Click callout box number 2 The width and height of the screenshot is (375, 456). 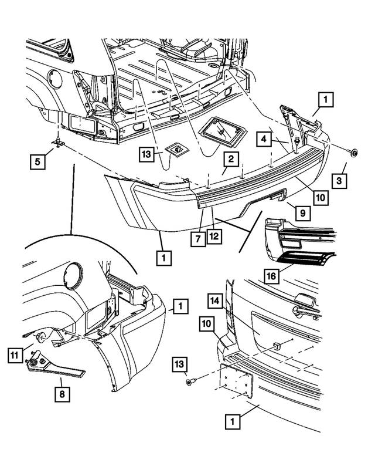[x=231, y=159]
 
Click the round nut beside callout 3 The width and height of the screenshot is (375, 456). [x=354, y=153]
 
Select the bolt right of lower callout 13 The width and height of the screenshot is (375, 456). [x=189, y=381]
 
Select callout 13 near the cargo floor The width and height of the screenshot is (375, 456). [x=148, y=154]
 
